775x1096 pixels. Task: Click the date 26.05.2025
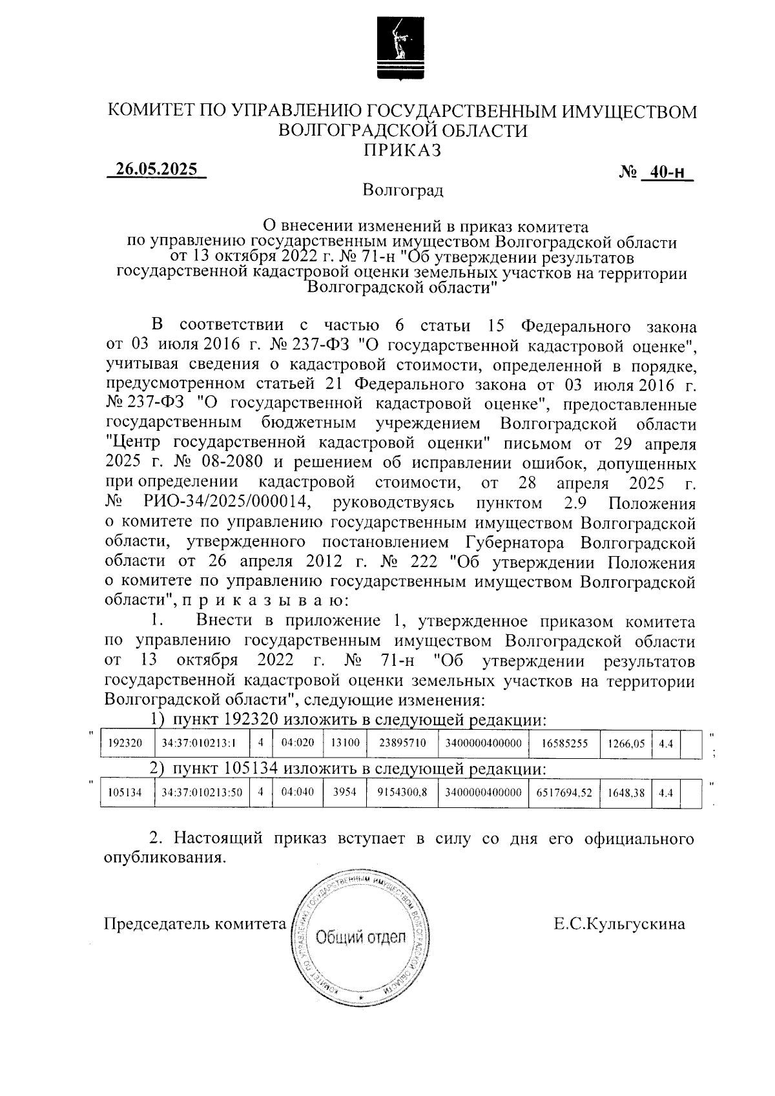tap(156, 169)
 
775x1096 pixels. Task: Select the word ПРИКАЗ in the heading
tap(402, 150)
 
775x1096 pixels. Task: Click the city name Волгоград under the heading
tap(402, 191)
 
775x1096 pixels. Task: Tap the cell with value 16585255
tap(564, 743)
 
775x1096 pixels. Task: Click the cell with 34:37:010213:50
tap(202, 792)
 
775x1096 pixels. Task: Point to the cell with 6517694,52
tap(564, 792)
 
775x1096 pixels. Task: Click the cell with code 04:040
tap(298, 792)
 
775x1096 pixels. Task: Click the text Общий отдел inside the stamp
tap(360, 937)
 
